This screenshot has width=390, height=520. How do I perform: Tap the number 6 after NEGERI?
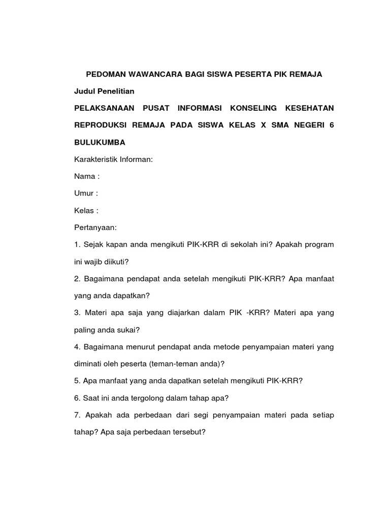(332, 125)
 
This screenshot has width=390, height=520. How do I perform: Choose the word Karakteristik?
(96, 159)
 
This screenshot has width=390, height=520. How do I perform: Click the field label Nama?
(84, 176)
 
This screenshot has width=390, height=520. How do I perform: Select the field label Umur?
(84, 193)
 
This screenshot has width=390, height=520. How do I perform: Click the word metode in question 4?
(230, 347)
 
